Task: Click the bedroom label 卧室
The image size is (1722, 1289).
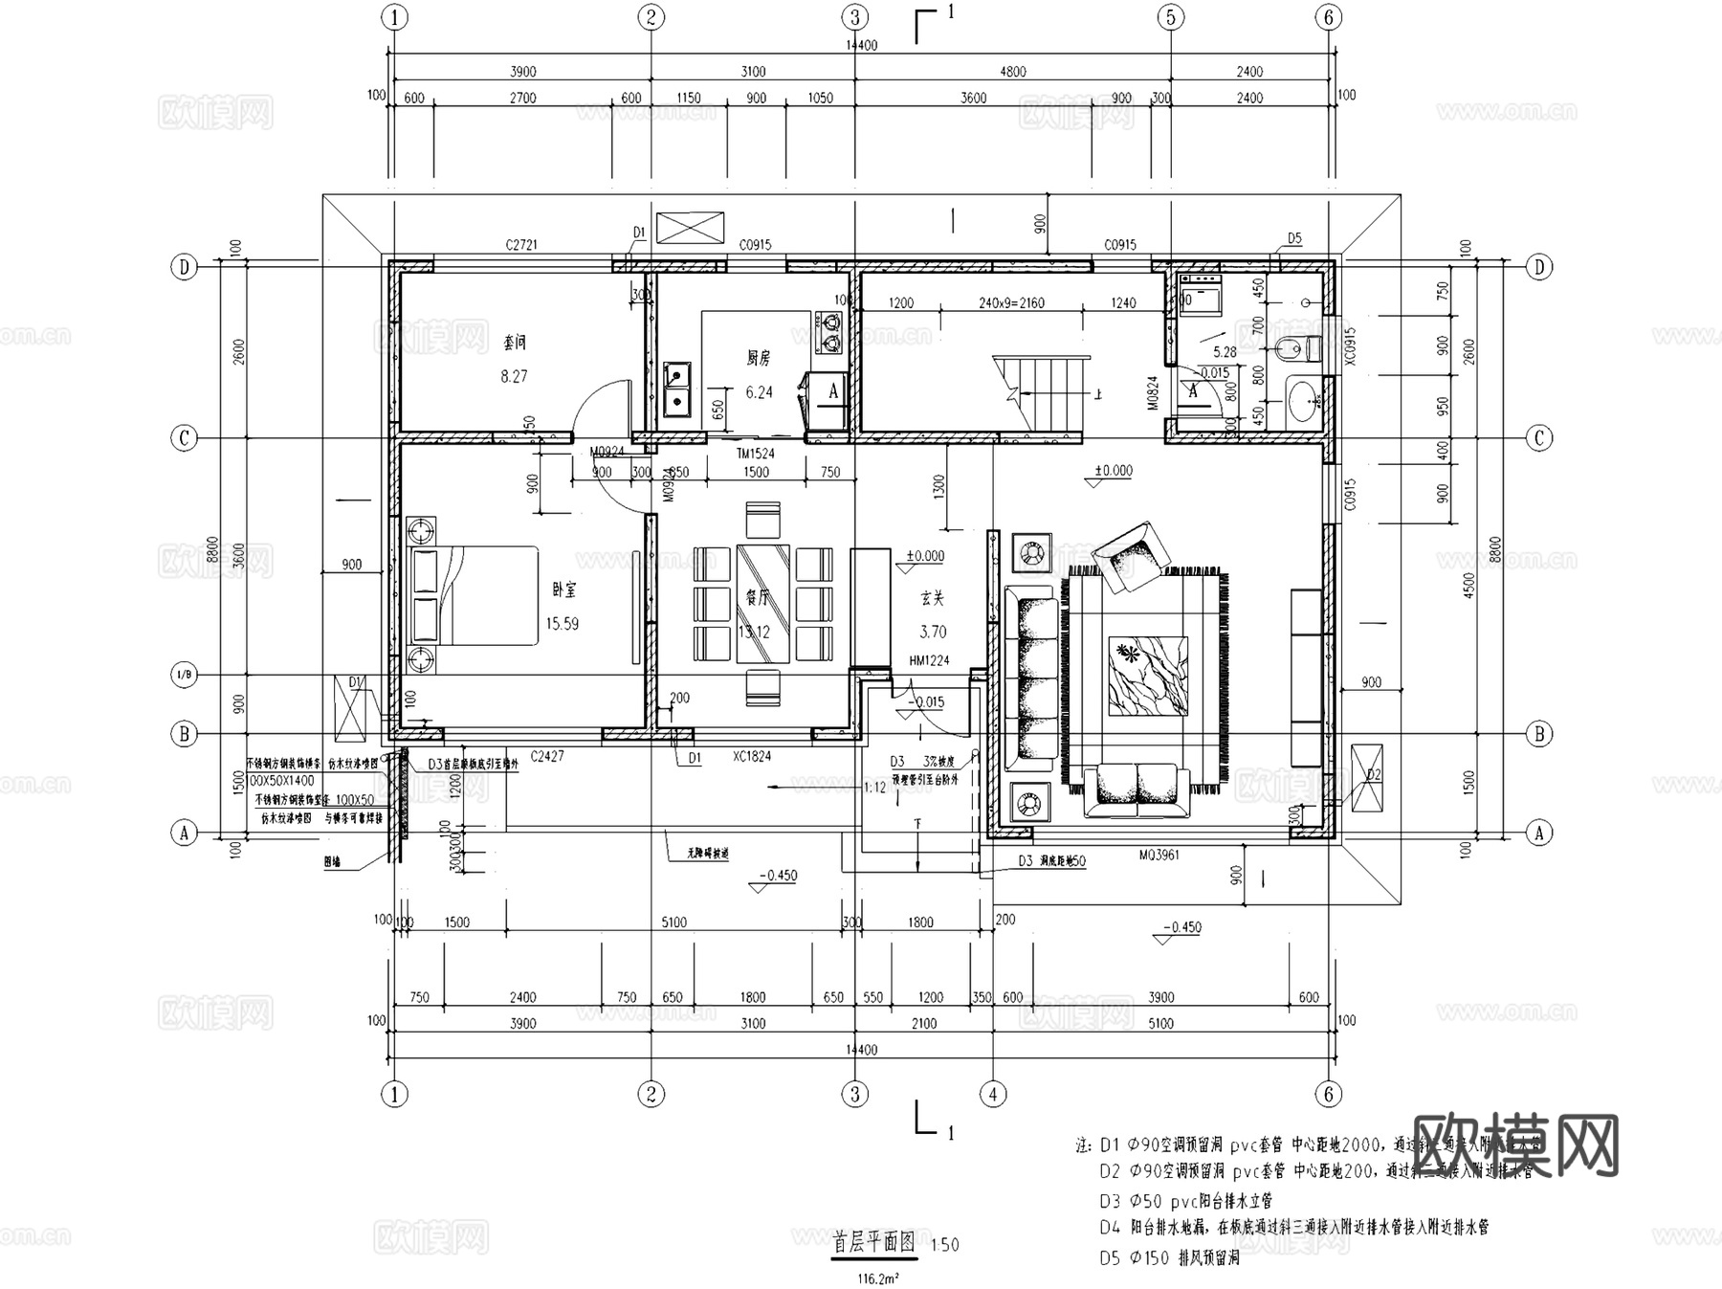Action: [564, 590]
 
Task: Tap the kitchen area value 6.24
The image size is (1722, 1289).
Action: [759, 392]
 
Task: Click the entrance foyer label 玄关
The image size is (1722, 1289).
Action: [933, 598]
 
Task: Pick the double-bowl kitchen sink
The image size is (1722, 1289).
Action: [677, 389]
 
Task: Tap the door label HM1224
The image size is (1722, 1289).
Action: [929, 660]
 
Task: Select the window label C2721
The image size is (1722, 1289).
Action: [521, 245]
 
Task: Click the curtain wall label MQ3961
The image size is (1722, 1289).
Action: [1159, 855]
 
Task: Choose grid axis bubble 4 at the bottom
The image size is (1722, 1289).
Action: [993, 1094]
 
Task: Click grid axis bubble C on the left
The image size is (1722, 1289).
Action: [184, 438]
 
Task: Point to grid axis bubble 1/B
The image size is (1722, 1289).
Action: [184, 675]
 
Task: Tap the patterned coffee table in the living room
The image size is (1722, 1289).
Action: [1148, 676]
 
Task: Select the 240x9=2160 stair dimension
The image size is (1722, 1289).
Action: [1011, 302]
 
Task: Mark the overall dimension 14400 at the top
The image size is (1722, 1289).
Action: [861, 45]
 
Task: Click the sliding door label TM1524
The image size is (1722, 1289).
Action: [755, 454]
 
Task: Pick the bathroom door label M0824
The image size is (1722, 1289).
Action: [1154, 392]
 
